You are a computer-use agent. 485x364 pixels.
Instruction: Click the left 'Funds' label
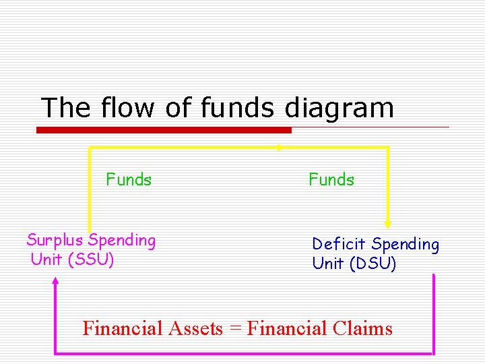pos(129,180)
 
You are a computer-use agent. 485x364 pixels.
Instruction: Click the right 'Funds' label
pos(331,180)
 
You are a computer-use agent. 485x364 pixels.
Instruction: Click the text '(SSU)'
pos(91,259)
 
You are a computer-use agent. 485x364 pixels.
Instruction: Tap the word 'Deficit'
pos(339,244)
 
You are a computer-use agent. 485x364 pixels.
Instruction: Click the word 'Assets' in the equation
pos(195,328)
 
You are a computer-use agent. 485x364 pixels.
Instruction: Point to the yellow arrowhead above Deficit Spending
pos(388,223)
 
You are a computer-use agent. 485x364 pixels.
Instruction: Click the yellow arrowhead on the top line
pos(279,146)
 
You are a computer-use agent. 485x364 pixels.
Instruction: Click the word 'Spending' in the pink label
pos(122,241)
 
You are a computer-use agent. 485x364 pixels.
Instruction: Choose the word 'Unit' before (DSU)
pos(328,263)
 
